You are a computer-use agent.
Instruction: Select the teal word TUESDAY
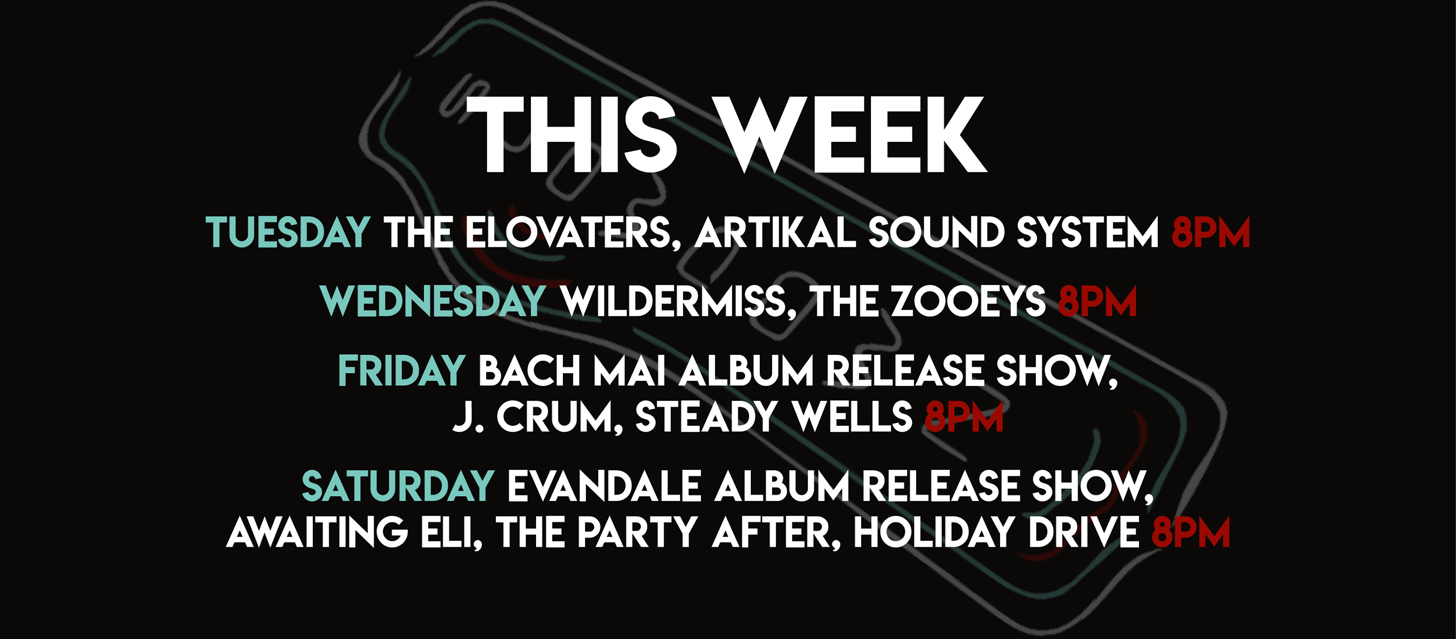coord(288,232)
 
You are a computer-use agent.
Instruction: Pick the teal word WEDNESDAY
coord(432,302)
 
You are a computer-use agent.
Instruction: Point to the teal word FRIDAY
coord(401,371)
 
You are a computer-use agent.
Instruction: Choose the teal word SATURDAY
coord(398,486)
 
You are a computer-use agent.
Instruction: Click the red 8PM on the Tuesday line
coord(1211,232)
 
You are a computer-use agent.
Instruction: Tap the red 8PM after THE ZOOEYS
coord(1097,302)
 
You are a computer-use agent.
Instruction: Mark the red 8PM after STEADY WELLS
coord(964,418)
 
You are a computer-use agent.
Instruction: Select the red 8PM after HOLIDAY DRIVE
coord(1191,532)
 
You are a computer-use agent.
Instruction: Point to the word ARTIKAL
coord(775,232)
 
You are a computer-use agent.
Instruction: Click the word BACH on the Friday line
coord(529,371)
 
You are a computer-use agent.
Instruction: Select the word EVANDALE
coord(604,486)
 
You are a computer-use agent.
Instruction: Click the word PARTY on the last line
coord(638,532)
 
